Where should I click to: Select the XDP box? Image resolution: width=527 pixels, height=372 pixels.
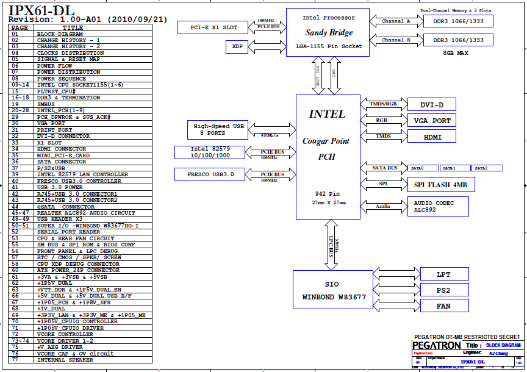(236, 46)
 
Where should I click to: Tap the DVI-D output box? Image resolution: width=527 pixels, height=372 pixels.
(431, 105)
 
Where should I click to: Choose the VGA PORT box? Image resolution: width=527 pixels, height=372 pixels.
(431, 121)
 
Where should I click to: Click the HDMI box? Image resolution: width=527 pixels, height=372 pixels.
(431, 136)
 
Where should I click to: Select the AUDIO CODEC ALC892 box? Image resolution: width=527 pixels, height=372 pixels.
(437, 206)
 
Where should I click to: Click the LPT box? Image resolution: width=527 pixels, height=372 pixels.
(444, 274)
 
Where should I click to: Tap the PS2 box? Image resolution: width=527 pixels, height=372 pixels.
(444, 290)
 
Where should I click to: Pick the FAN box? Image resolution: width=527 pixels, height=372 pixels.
(444, 306)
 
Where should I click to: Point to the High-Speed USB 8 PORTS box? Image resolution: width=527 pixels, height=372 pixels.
(218, 129)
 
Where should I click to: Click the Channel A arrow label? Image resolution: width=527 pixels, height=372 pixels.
(396, 21)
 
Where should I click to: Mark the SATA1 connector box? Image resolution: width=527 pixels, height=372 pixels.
(454, 168)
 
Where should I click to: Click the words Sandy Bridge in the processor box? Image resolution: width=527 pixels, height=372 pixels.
(329, 33)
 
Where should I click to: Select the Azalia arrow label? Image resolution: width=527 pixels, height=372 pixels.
(383, 207)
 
